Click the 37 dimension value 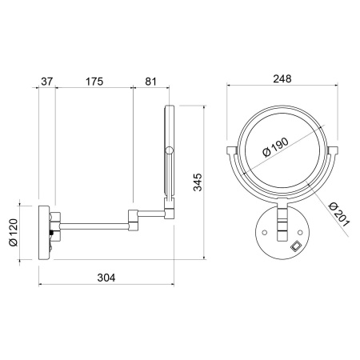[x=47, y=82]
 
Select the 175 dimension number [x=94, y=82]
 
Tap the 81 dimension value [x=150, y=82]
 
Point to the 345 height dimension [x=198, y=182]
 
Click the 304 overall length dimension [x=106, y=278]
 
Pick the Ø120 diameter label [x=13, y=232]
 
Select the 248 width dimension [x=282, y=78]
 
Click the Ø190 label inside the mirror [x=275, y=147]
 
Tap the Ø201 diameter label [x=338, y=214]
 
